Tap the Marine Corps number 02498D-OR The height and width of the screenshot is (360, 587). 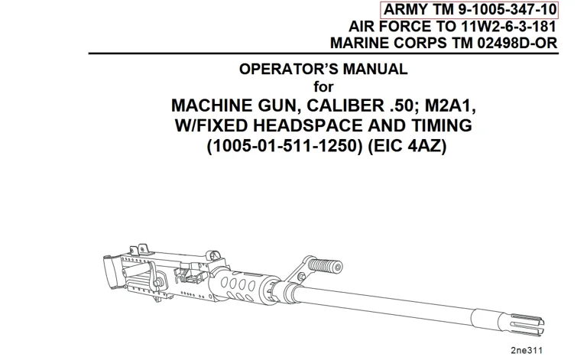517,43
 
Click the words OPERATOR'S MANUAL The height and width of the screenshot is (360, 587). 323,70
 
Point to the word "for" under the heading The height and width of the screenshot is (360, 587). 323,87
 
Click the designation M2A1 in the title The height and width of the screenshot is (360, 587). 450,106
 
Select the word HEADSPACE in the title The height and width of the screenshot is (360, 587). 308,125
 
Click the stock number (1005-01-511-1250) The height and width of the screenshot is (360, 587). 285,145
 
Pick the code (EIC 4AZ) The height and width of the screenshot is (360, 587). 407,145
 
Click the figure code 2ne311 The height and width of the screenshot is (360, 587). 527,351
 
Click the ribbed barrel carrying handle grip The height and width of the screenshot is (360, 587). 326,266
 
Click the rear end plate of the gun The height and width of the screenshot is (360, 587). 112,272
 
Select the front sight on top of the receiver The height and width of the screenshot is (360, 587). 212,256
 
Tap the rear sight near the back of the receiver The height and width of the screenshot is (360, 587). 138,250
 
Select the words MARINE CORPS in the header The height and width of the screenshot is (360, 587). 388,43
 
